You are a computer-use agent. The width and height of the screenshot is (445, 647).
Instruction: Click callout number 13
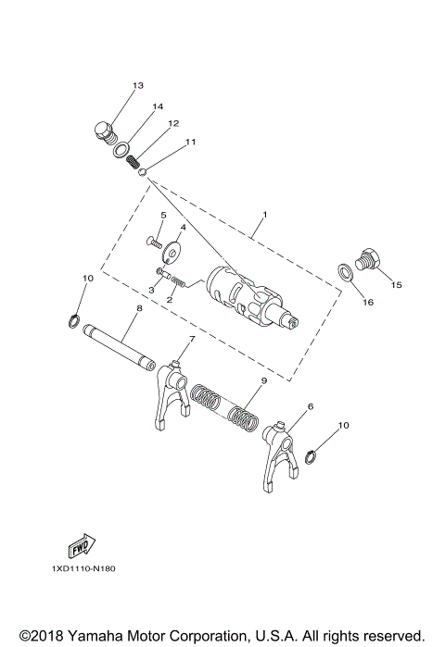click(137, 86)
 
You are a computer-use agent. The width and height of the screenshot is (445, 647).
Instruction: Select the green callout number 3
click(152, 291)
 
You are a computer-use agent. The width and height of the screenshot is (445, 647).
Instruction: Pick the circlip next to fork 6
click(312, 457)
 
